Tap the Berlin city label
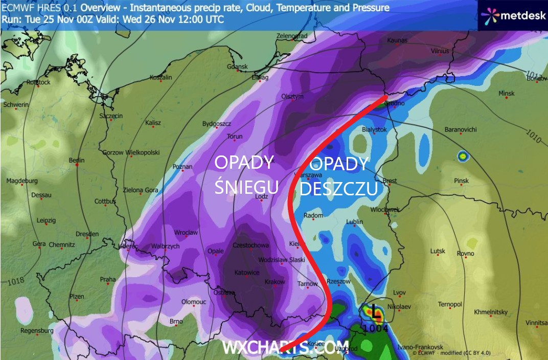tap(77, 160)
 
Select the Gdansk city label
tap(238, 67)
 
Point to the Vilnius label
tap(439, 51)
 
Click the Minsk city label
tap(506, 94)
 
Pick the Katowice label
tap(246, 273)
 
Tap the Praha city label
tap(108, 280)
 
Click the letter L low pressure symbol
tap(377, 310)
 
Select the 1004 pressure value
tap(377, 328)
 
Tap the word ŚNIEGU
tap(246, 187)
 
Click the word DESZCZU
tap(338, 189)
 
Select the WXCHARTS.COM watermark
tap(285, 347)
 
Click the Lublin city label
tap(354, 222)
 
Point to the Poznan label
tap(182, 167)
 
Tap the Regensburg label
tap(37, 331)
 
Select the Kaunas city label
tap(397, 40)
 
